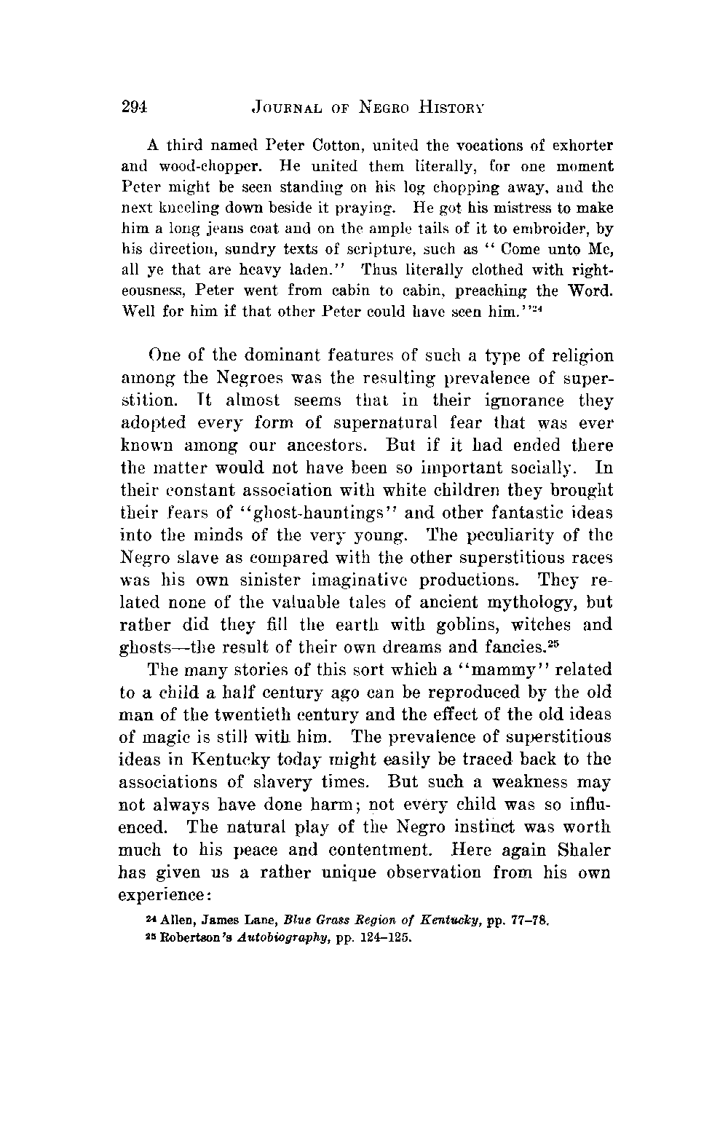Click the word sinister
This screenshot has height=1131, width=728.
[270, 580]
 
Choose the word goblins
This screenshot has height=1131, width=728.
[446, 625]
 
